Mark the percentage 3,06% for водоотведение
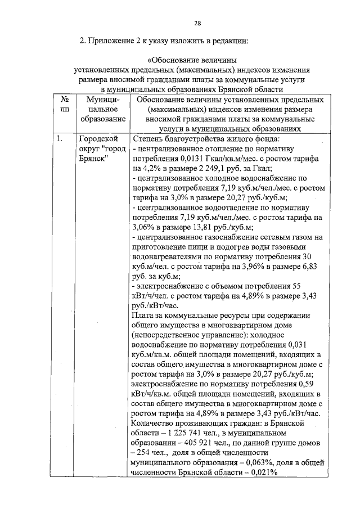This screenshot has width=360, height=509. (x=143, y=228)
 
